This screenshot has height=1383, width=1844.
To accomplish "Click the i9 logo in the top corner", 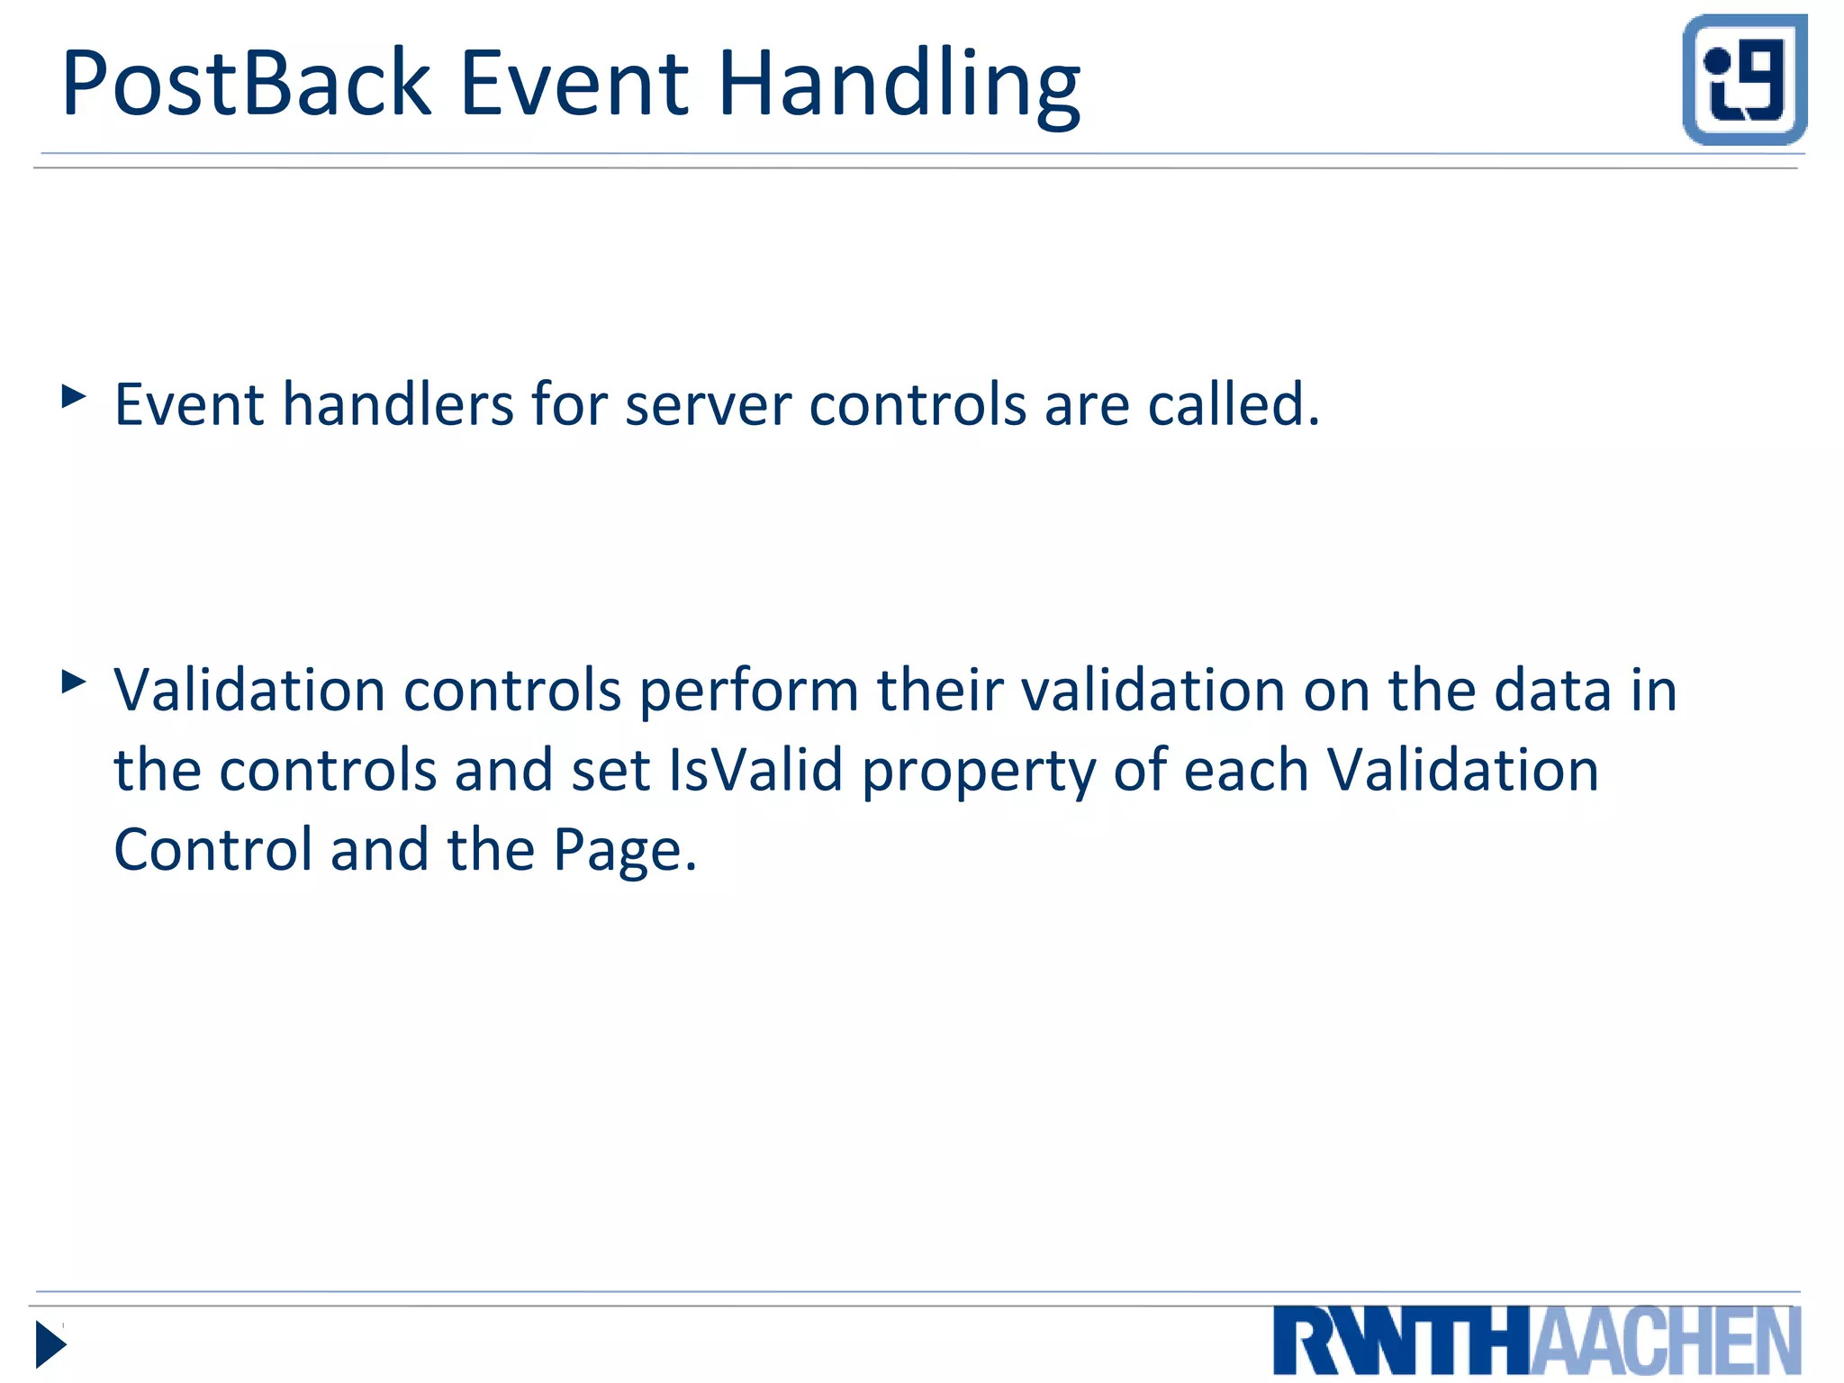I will [x=1744, y=80].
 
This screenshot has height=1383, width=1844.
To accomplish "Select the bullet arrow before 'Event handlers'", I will [x=74, y=396].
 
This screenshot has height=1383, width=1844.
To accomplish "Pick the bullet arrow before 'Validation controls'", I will [x=74, y=682].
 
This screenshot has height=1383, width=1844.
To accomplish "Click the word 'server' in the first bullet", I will [x=708, y=404].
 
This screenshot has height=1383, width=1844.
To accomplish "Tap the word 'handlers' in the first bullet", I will [x=397, y=404].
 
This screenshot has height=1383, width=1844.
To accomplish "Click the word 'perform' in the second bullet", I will [x=749, y=691].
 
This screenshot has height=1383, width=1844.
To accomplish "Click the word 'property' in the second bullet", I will [x=978, y=773].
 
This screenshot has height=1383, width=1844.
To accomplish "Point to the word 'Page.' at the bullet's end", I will [x=625, y=851].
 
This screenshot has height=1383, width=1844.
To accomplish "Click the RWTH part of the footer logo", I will [x=1401, y=1342].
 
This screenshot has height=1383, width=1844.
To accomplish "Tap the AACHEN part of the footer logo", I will [x=1666, y=1342].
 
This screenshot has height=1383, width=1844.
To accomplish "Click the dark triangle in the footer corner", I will [x=50, y=1344].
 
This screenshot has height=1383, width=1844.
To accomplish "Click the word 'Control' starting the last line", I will [x=212, y=851].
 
